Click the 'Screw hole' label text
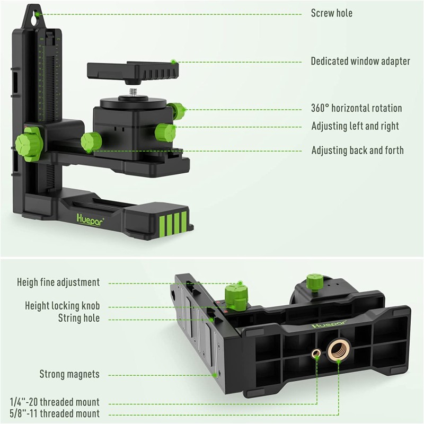tap(331, 13)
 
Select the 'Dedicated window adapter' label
tap(360, 61)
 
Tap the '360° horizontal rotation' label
tap(356, 109)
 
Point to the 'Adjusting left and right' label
tap(355, 127)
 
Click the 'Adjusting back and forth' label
tap(357, 151)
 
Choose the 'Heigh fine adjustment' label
tap(58, 282)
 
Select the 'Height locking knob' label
tap(62, 306)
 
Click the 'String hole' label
tap(79, 319)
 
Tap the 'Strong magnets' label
tap(69, 374)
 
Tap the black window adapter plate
tap(133, 69)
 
